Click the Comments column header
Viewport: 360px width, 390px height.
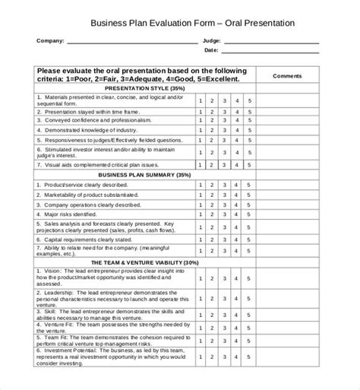tap(287, 76)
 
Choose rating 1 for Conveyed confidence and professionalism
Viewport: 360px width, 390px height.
tap(200, 119)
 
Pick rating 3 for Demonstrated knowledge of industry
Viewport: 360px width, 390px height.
tap(225, 130)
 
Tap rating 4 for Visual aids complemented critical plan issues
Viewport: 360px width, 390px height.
tap(237, 164)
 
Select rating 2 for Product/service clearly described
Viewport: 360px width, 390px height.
tap(212, 185)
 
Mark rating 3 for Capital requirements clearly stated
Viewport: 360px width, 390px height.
tap(225, 239)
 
